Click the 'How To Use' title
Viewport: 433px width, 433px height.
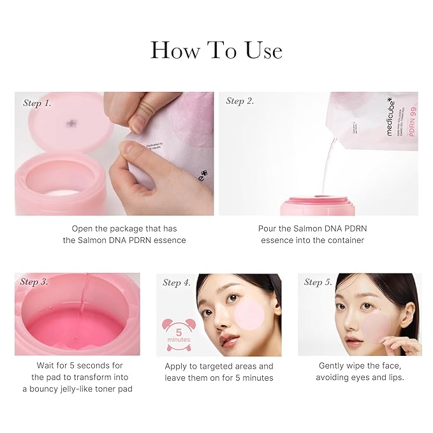pos(216,50)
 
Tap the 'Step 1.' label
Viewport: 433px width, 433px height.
pos(37,103)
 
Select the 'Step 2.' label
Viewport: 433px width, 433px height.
pos(240,101)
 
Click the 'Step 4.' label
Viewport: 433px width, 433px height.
pos(177,283)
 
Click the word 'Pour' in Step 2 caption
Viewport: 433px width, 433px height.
pos(269,228)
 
